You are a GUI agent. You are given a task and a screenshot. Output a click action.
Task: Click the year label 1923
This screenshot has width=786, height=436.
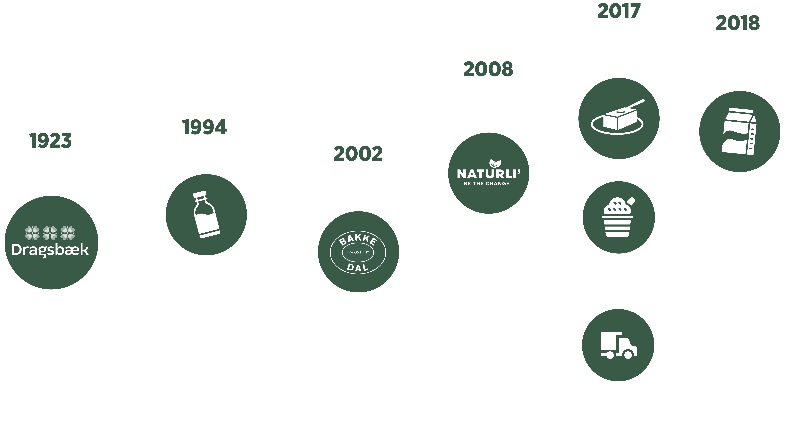coord(51,141)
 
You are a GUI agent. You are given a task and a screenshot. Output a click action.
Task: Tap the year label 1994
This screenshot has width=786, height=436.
coord(204,127)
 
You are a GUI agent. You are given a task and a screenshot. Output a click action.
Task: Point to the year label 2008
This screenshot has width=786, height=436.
coord(488,69)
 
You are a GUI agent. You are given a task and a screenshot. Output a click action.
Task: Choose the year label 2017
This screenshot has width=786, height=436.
coord(619,11)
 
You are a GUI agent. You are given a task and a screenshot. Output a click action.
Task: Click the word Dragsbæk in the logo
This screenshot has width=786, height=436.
coord(50,250)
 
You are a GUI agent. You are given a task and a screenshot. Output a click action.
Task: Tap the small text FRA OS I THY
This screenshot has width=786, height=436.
coord(358,252)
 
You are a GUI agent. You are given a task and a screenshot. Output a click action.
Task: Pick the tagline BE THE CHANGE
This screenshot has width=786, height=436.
coord(487,184)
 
